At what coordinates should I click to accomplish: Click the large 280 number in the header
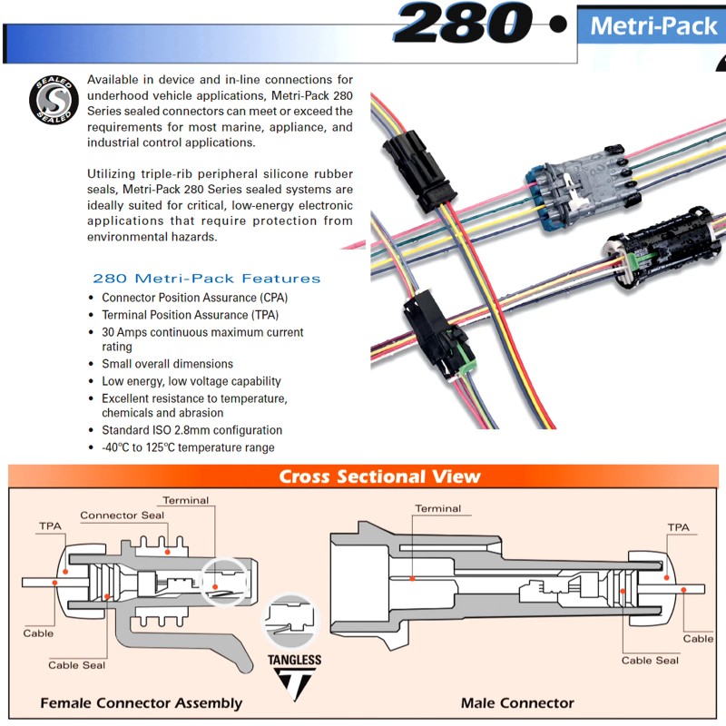[463, 24]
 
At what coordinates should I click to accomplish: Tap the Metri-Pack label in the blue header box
[652, 25]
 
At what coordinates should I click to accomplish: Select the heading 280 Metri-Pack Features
[206, 279]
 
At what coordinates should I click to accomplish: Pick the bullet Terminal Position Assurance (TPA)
[190, 315]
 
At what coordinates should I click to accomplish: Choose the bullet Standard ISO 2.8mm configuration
[191, 430]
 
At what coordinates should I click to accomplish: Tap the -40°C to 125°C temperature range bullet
[188, 447]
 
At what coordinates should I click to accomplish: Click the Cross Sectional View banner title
[379, 476]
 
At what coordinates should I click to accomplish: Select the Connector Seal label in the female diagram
[122, 515]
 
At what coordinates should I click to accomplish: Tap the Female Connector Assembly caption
[141, 702]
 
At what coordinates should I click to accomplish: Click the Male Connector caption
[517, 702]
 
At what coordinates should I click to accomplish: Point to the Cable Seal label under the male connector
[650, 660]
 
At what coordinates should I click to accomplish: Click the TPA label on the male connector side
[678, 526]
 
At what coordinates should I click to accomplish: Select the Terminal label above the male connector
[437, 508]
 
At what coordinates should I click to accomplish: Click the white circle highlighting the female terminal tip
[222, 581]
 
